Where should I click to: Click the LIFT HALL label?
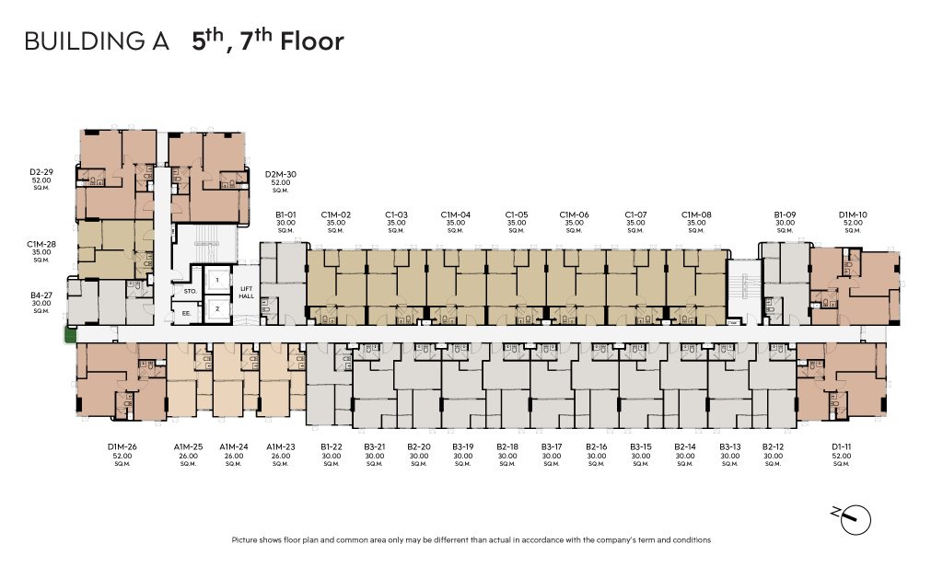246,292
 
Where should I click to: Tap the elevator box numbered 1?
217,280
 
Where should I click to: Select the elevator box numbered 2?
217,308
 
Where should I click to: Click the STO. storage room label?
190,291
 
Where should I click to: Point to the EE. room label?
186,313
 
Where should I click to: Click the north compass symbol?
853,519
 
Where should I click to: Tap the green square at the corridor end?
71,334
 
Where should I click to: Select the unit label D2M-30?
281,174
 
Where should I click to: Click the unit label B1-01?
285,214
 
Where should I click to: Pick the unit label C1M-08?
696,214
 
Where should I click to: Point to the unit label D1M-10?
853,214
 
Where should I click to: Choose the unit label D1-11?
842,446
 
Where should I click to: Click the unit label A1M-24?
234,446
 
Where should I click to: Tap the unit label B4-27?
41,295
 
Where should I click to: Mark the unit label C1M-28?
41,244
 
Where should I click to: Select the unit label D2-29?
41,172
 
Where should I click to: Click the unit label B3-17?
552,446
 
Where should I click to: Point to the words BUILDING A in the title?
97,41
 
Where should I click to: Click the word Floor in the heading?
312,41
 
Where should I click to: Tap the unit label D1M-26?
122,446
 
